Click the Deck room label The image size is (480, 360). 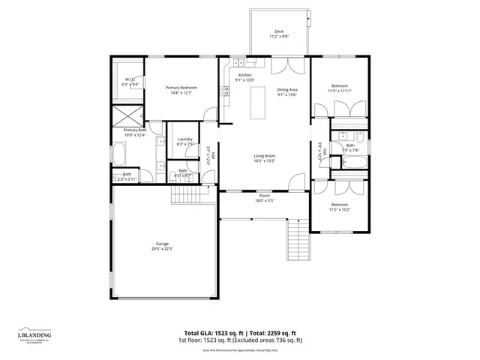279,31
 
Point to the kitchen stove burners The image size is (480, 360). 224,91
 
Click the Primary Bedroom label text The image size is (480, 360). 181,88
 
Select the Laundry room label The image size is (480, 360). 184,139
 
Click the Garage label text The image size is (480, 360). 162,244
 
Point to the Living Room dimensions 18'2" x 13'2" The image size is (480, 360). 264,160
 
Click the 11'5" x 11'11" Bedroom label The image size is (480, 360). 340,86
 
